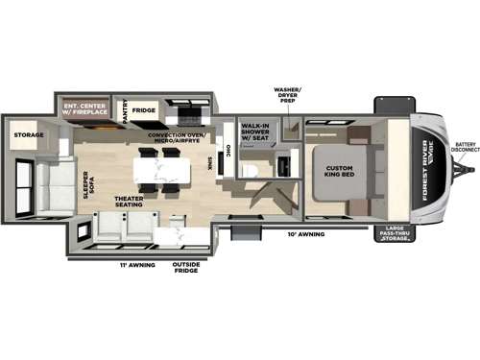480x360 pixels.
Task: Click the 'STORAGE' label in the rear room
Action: [x=28, y=135]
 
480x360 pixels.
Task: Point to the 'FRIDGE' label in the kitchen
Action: [x=144, y=110]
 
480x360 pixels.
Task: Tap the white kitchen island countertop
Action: [x=156, y=169]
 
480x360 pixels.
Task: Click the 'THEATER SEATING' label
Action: [x=131, y=204]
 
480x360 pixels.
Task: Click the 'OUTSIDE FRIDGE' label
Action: [x=184, y=267]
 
